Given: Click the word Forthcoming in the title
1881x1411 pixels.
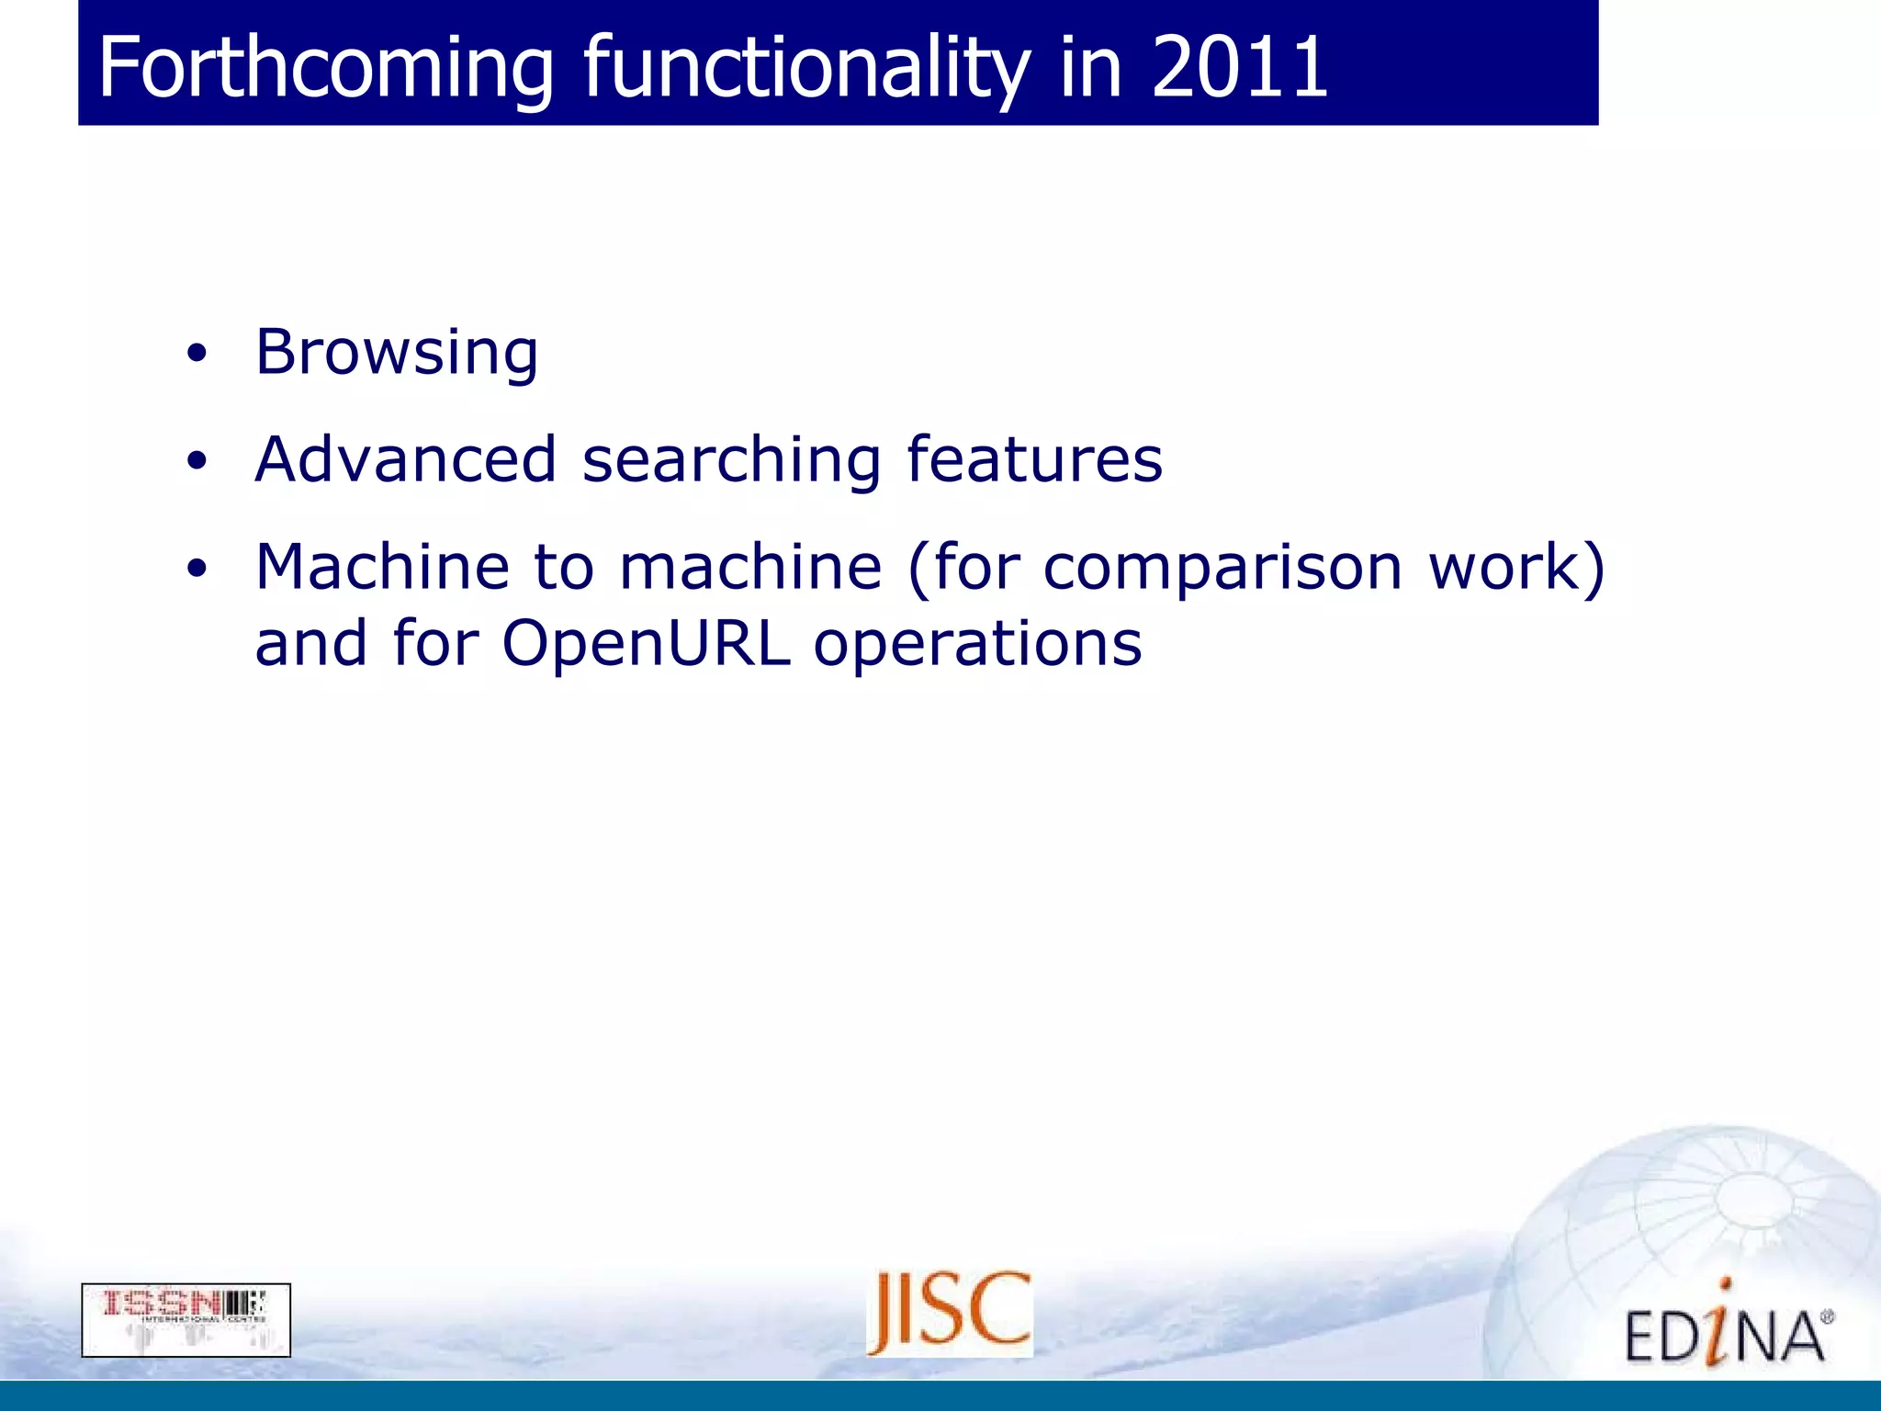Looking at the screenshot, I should (x=326, y=68).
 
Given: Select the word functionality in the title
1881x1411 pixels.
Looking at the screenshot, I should (x=806, y=68).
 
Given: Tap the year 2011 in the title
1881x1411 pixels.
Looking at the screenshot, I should (x=1239, y=66).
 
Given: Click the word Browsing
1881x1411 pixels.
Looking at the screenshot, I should (x=397, y=354).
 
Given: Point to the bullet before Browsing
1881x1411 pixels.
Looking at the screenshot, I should (x=197, y=354).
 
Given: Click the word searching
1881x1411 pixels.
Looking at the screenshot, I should (x=732, y=462).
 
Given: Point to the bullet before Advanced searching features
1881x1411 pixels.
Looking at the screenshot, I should (x=197, y=461).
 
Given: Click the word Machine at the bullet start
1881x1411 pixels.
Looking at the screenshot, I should (x=382, y=567).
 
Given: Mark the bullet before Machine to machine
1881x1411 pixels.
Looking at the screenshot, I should (x=197, y=569).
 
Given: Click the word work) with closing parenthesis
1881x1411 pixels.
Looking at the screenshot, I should (x=1517, y=567).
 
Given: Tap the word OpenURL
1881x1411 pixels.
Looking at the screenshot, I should (x=646, y=643).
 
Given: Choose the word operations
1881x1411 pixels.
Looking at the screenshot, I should (x=977, y=645).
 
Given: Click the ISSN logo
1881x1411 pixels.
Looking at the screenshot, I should (x=186, y=1320).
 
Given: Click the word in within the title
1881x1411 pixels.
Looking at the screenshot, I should (x=1091, y=68).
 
